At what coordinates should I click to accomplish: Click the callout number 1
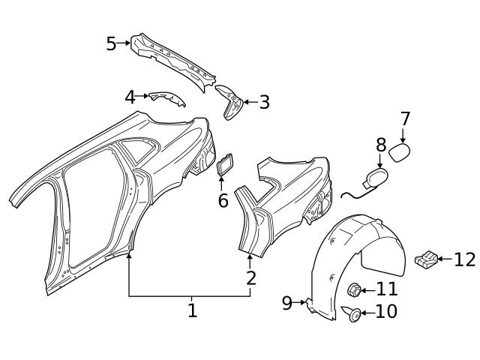point(192,310)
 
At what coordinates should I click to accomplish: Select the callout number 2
point(251,278)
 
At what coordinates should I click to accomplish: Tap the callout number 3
point(264,102)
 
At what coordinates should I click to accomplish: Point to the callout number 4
point(130,97)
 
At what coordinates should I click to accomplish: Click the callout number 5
point(111,43)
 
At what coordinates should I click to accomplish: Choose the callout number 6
point(223,200)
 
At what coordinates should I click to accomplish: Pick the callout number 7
point(406,118)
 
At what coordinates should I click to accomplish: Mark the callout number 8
point(381,145)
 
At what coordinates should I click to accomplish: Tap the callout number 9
point(287,303)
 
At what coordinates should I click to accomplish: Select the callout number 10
point(385,312)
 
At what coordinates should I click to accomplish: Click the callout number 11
point(386,289)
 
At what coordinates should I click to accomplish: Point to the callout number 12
point(464,259)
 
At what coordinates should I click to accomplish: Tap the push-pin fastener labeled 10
point(353,313)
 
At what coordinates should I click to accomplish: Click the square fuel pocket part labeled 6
point(225,166)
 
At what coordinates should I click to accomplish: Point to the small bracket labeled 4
point(166,98)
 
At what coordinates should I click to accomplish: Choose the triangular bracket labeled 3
point(231,102)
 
